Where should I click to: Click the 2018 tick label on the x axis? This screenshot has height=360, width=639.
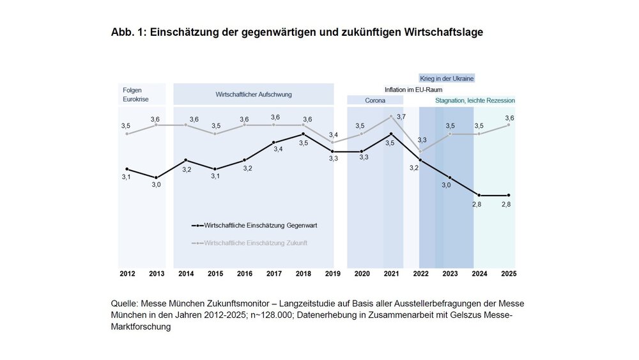point(303,274)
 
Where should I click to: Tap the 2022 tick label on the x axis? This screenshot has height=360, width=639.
point(420,274)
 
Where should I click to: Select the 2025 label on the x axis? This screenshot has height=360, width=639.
point(509,274)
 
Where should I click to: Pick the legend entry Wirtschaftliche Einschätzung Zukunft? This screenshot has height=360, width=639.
point(256,243)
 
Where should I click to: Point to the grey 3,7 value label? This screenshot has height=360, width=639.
point(401,116)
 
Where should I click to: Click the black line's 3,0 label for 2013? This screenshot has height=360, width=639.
point(157,185)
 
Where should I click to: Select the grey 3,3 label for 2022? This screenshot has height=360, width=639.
point(422,139)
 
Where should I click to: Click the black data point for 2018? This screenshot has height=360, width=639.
point(303,134)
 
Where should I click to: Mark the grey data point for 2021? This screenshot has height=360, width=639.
point(391,116)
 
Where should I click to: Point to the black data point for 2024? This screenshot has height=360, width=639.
point(479,195)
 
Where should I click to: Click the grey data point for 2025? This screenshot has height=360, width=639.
point(509,125)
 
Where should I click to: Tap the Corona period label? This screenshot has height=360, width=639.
point(374,100)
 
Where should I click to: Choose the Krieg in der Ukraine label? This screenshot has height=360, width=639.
point(447,78)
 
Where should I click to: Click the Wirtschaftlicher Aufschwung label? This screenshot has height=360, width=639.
point(254,94)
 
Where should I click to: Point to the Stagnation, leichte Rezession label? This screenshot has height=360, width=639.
point(475,100)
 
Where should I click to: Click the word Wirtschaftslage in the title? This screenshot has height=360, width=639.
point(444,32)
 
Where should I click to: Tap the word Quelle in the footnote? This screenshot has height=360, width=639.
point(124,303)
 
